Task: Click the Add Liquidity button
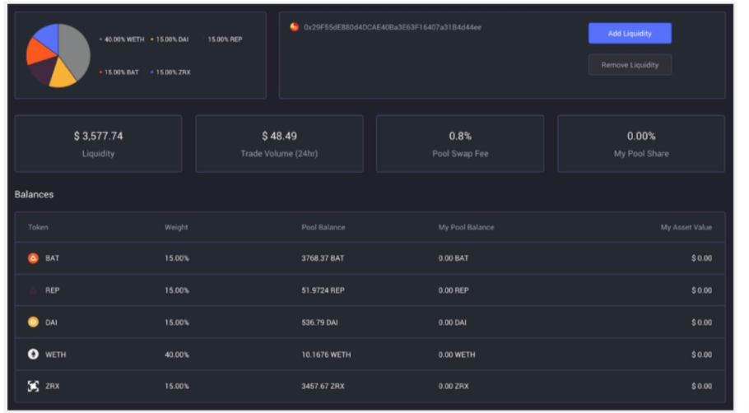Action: coord(630,33)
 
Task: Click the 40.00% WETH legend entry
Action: coord(124,39)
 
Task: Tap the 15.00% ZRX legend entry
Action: coord(173,72)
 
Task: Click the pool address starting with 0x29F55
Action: coord(392,27)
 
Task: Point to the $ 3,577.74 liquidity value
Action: coord(98,136)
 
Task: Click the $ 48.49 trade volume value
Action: coord(279,136)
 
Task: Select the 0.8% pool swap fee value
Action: coord(460,136)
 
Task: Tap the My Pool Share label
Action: coord(641,154)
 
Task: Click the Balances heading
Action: coord(34,195)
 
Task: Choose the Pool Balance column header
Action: coord(323,227)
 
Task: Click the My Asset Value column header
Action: coord(686,227)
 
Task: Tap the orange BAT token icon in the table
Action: coord(34,258)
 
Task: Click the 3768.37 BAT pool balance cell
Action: coord(323,258)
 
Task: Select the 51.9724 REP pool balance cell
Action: coord(323,290)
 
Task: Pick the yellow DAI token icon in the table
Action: coord(34,323)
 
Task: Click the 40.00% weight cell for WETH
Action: coord(177,355)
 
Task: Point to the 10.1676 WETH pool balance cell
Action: coord(326,355)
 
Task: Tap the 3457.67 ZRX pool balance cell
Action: coord(323,386)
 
